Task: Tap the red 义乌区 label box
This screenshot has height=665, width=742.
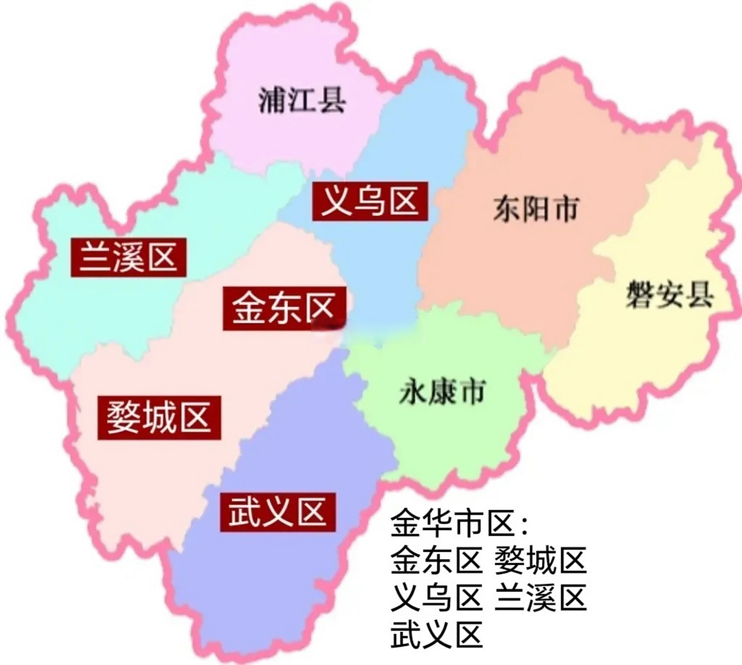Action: click(x=370, y=202)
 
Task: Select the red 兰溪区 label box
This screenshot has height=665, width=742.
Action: click(x=129, y=257)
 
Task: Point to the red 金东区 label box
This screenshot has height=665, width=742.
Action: click(x=285, y=308)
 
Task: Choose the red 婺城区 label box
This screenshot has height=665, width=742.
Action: click(x=160, y=417)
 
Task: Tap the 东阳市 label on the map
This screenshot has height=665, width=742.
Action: click(x=535, y=209)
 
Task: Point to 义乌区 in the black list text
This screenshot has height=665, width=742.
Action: click(x=436, y=597)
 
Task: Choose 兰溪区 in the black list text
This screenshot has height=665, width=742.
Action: click(x=540, y=597)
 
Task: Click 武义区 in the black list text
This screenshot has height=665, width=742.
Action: click(x=436, y=634)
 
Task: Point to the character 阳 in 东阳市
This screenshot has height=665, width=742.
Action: click(x=535, y=209)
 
